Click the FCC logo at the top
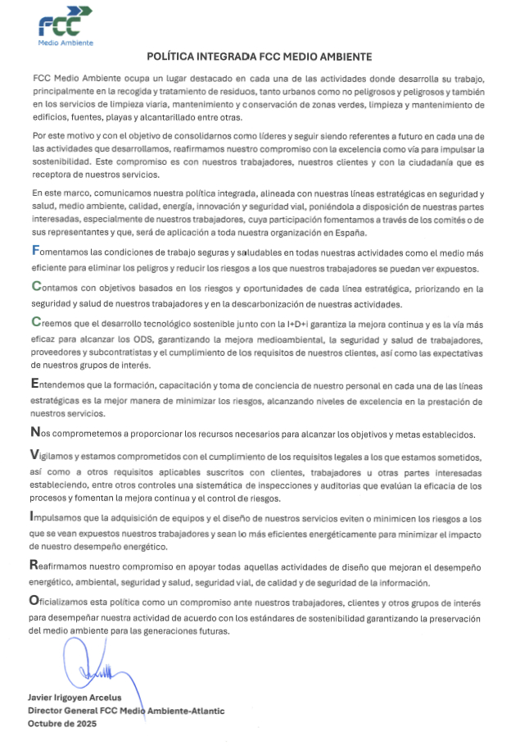coord(66,25)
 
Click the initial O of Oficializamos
coord(35,602)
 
